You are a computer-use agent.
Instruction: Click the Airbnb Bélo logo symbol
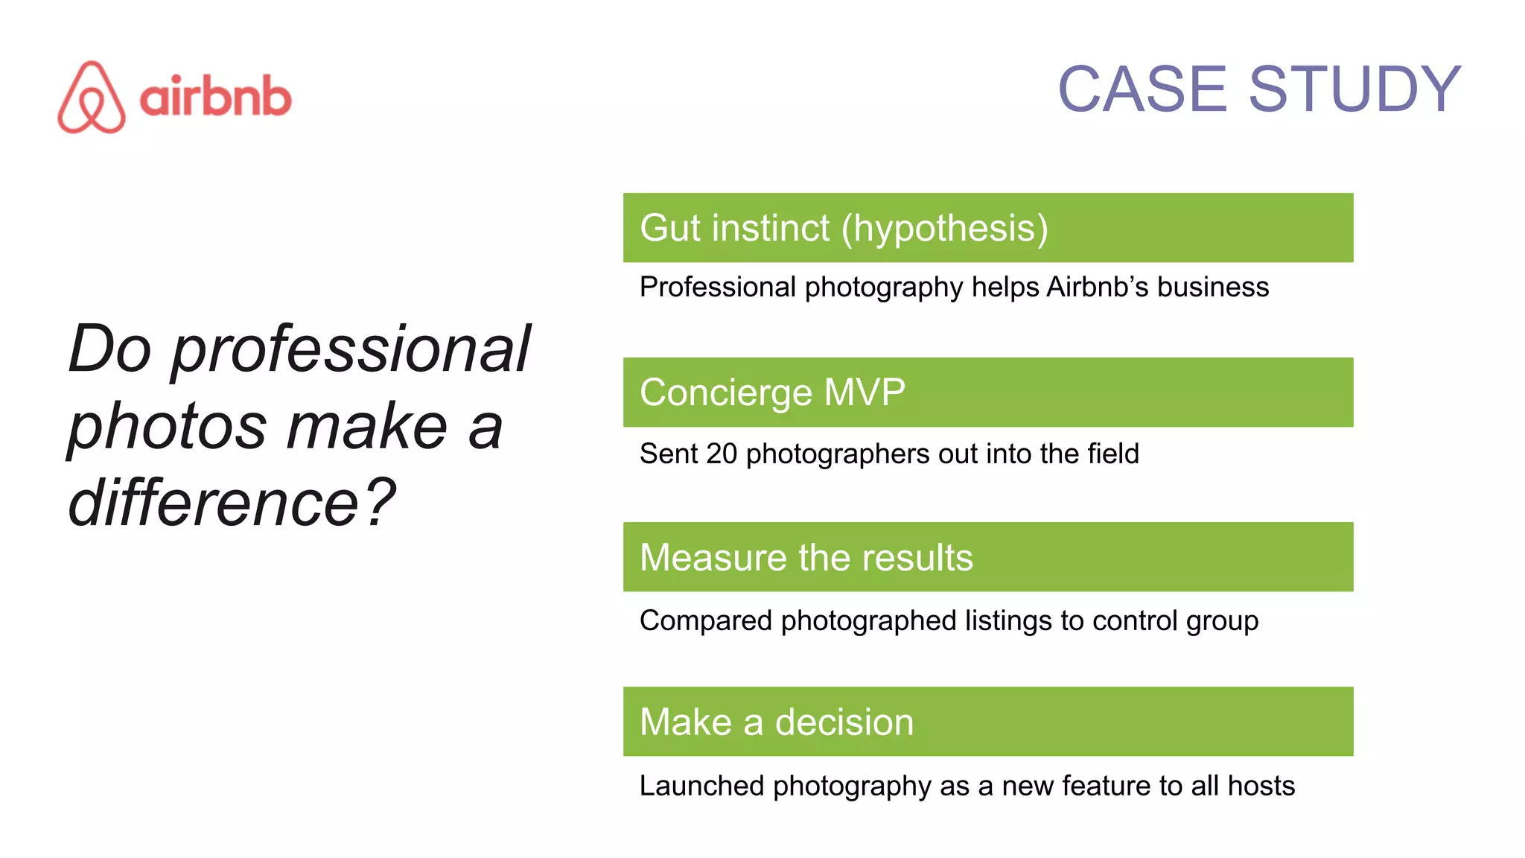pyautogui.click(x=92, y=98)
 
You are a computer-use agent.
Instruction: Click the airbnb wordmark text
pyautogui.click(x=215, y=97)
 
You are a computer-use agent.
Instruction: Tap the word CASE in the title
pyautogui.click(x=1142, y=89)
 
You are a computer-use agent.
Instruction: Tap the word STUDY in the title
pyautogui.click(x=1354, y=89)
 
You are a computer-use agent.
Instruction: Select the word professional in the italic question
pyautogui.click(x=351, y=349)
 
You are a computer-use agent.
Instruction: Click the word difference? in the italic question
pyautogui.click(x=232, y=503)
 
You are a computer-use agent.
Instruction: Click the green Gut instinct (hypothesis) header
pyautogui.click(x=987, y=228)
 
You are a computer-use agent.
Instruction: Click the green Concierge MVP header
pyautogui.click(x=987, y=393)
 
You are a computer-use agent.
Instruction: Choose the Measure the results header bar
pyautogui.click(x=987, y=557)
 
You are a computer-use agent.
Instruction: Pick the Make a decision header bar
pyautogui.click(x=987, y=722)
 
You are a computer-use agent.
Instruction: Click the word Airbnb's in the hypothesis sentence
pyautogui.click(x=1098, y=287)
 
